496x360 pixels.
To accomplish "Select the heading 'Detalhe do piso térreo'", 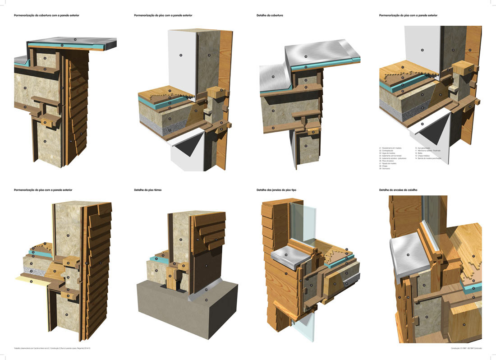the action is [147, 190].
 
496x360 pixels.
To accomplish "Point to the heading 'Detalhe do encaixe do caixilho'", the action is [398, 190].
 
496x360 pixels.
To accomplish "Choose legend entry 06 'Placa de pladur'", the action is [389, 161].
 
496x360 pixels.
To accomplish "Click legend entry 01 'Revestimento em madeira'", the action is [391, 148].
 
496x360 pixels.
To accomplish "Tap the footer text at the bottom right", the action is [466, 348].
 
